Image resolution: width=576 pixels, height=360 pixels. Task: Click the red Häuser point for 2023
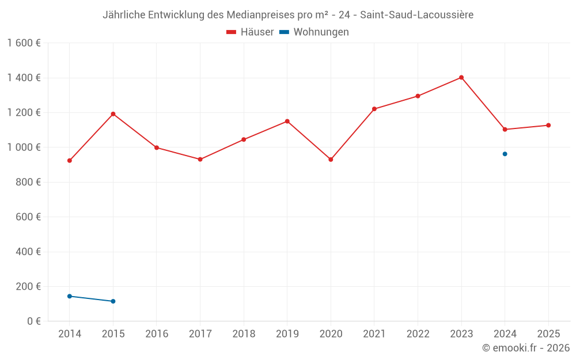click(461, 77)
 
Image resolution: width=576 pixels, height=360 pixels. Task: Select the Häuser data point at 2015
click(113, 114)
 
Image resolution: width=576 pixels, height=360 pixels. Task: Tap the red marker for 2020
click(331, 160)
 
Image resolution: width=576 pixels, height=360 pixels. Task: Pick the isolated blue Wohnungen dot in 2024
click(505, 154)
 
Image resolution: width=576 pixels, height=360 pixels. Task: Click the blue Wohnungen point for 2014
click(70, 296)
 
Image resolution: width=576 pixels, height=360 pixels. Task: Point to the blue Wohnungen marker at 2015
click(113, 301)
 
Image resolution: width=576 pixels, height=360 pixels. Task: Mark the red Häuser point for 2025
click(548, 125)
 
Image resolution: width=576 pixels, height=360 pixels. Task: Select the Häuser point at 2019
click(287, 121)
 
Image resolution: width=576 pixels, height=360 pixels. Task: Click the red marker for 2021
click(374, 109)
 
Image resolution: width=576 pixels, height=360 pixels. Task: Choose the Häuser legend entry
click(250, 32)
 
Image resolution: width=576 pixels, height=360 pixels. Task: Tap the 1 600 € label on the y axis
click(24, 43)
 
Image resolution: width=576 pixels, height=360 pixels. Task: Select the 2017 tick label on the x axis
click(200, 334)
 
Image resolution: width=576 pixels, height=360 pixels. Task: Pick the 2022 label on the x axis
click(418, 334)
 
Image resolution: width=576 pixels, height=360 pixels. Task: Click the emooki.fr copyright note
click(526, 348)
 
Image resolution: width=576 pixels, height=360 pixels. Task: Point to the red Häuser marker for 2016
click(157, 147)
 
